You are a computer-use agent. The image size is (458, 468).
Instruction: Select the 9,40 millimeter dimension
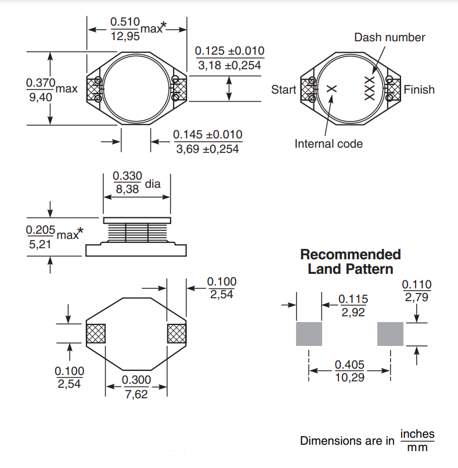[x=40, y=97]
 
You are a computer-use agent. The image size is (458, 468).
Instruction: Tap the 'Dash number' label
[x=390, y=37]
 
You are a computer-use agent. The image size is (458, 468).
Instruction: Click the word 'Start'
[x=283, y=90]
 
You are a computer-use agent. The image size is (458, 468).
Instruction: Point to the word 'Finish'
[x=419, y=90]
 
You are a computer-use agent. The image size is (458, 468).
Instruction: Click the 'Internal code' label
[x=328, y=144]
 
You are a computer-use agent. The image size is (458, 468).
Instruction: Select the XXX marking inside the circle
[x=369, y=89]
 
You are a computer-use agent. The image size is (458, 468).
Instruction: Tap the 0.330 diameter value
[x=127, y=176]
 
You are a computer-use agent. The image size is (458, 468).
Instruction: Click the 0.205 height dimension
[x=40, y=230]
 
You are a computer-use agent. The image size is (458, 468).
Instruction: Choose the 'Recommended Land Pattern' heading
[x=350, y=262]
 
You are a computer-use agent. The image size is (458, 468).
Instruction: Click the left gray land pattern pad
[x=309, y=334]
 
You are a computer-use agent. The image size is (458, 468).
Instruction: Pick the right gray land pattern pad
[x=390, y=334]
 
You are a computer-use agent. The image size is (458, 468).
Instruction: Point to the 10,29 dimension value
[x=349, y=377]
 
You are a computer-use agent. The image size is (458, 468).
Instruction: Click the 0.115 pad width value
[x=353, y=299]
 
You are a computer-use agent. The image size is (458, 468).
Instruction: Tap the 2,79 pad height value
[x=417, y=298]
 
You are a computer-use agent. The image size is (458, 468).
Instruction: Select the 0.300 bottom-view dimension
[x=136, y=380]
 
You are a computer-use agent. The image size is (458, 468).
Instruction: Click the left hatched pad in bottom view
[x=95, y=334]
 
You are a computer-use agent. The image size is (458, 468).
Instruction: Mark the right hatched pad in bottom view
[x=176, y=334]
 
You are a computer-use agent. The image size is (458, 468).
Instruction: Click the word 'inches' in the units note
[x=417, y=434]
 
